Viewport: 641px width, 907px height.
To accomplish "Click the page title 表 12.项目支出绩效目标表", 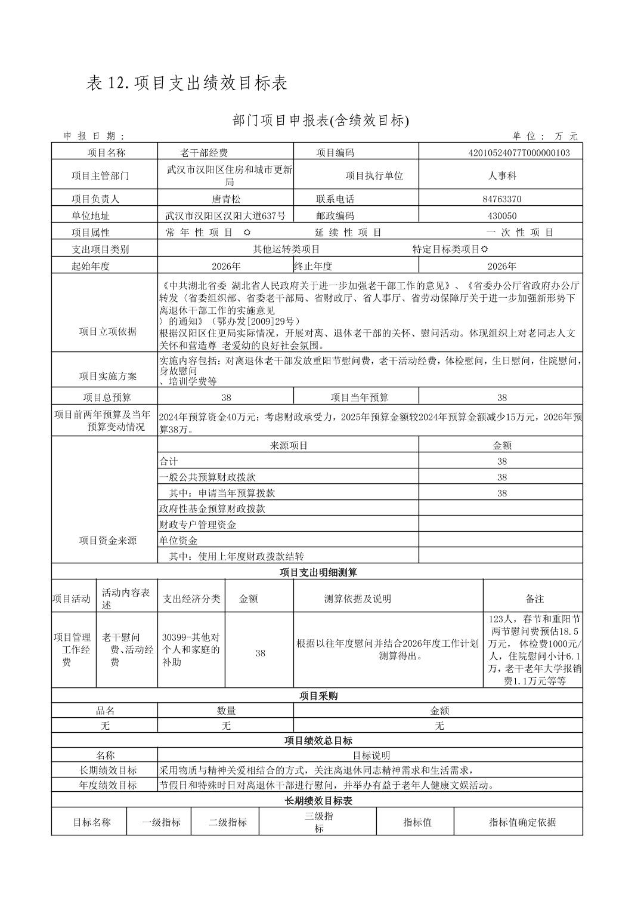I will coord(187,84).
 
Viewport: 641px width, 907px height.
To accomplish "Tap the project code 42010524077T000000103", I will coord(519,153).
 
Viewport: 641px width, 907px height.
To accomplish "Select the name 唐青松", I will coord(226,199).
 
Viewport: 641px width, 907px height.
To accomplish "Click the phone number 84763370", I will coord(501,199).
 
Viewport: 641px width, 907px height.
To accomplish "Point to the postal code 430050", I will coord(501,216).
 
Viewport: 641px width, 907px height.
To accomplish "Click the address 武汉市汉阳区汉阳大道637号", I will coord(225,216).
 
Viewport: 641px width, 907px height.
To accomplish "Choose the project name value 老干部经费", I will coord(204,153).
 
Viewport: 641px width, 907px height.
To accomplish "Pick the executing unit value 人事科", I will coord(501,176).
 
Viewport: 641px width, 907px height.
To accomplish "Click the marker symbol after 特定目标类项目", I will coord(484,249).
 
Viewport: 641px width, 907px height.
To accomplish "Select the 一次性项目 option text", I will coord(520,233).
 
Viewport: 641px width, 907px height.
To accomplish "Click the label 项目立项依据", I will coord(107,332).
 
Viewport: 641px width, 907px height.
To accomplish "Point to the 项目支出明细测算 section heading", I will coord(318,572).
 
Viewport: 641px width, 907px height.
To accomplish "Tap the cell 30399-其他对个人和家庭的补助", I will coord(191,650).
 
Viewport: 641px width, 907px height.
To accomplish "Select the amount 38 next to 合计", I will coord(501,461).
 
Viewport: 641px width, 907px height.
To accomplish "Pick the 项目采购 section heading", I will coord(318,696).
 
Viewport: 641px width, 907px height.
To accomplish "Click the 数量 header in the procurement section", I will coord(226,711).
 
